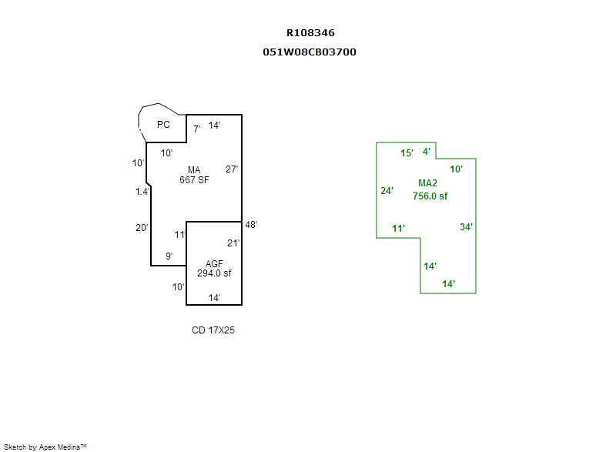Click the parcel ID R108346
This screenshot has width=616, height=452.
(x=310, y=33)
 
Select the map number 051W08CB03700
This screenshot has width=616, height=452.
(x=310, y=52)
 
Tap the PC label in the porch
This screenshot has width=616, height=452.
(x=163, y=125)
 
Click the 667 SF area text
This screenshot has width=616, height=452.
(x=194, y=181)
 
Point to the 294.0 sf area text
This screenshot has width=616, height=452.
(x=214, y=273)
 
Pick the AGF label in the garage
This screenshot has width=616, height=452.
(x=214, y=263)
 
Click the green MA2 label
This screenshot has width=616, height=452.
(x=427, y=183)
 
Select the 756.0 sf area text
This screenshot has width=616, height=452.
(x=430, y=196)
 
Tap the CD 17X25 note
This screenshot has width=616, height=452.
(x=213, y=330)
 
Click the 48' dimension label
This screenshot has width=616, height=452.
(x=251, y=225)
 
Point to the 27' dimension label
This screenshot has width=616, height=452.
(x=232, y=169)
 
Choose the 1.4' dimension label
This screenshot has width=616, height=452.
(x=142, y=192)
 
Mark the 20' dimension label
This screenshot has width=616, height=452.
(x=141, y=228)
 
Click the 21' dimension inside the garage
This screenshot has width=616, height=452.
(x=233, y=243)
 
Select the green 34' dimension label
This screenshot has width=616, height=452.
(x=467, y=227)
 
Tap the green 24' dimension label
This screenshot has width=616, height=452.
(x=387, y=191)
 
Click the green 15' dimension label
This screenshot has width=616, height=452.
(x=407, y=153)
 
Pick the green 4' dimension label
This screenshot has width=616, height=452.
(x=427, y=152)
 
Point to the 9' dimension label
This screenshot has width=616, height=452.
(x=169, y=256)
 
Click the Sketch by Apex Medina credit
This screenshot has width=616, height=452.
(x=45, y=447)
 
